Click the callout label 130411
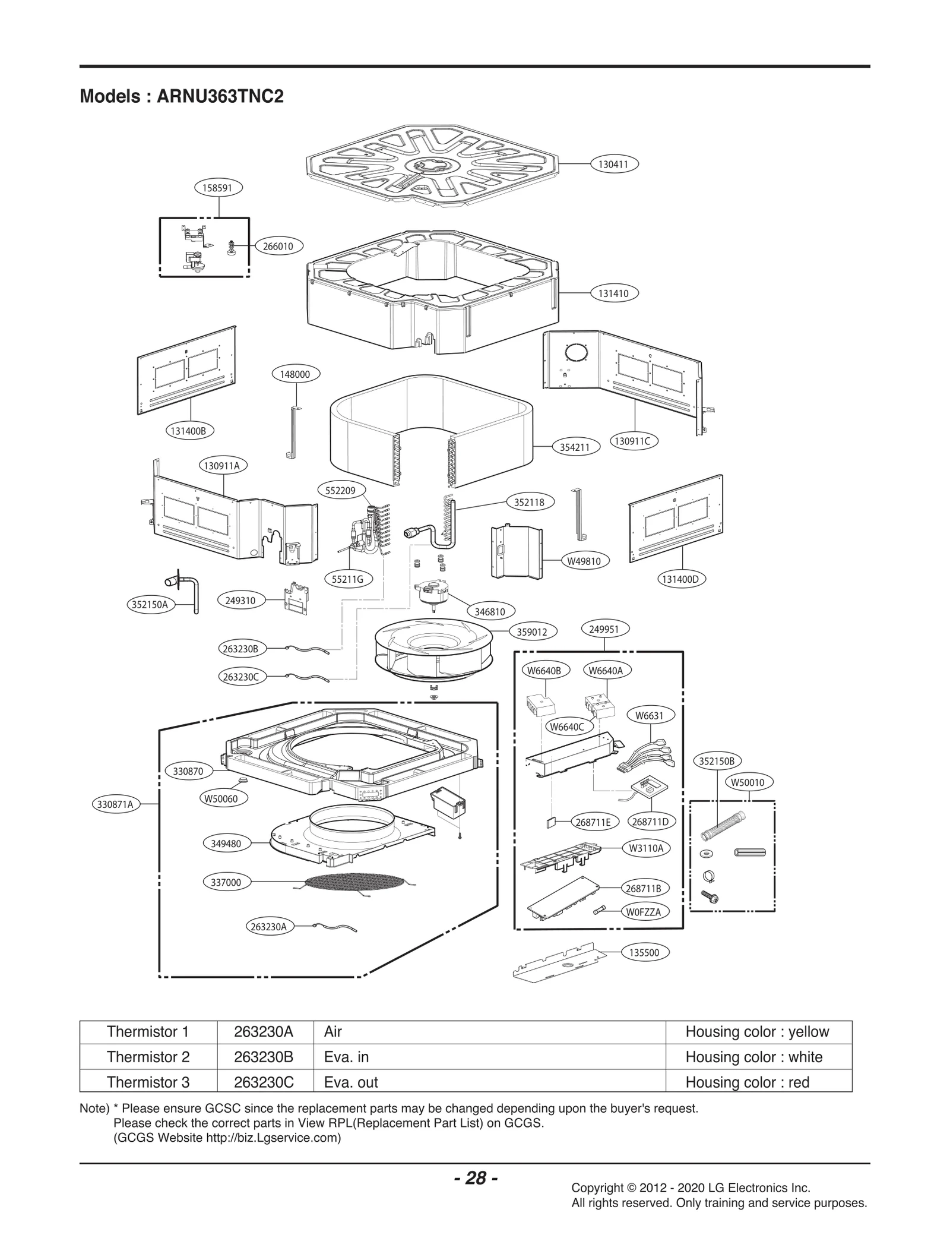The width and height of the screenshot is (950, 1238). (x=615, y=163)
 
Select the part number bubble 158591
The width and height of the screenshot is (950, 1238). (x=218, y=188)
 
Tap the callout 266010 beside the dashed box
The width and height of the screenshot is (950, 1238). (x=278, y=246)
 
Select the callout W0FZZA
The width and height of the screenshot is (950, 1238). (x=644, y=911)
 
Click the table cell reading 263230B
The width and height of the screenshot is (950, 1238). (x=264, y=1057)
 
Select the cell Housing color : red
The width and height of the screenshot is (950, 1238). (x=747, y=1082)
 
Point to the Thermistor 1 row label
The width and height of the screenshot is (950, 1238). (x=148, y=1031)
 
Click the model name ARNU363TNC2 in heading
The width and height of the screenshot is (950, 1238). (x=220, y=96)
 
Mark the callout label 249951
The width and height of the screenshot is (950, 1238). (x=604, y=629)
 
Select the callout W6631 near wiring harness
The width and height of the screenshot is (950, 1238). (x=649, y=715)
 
